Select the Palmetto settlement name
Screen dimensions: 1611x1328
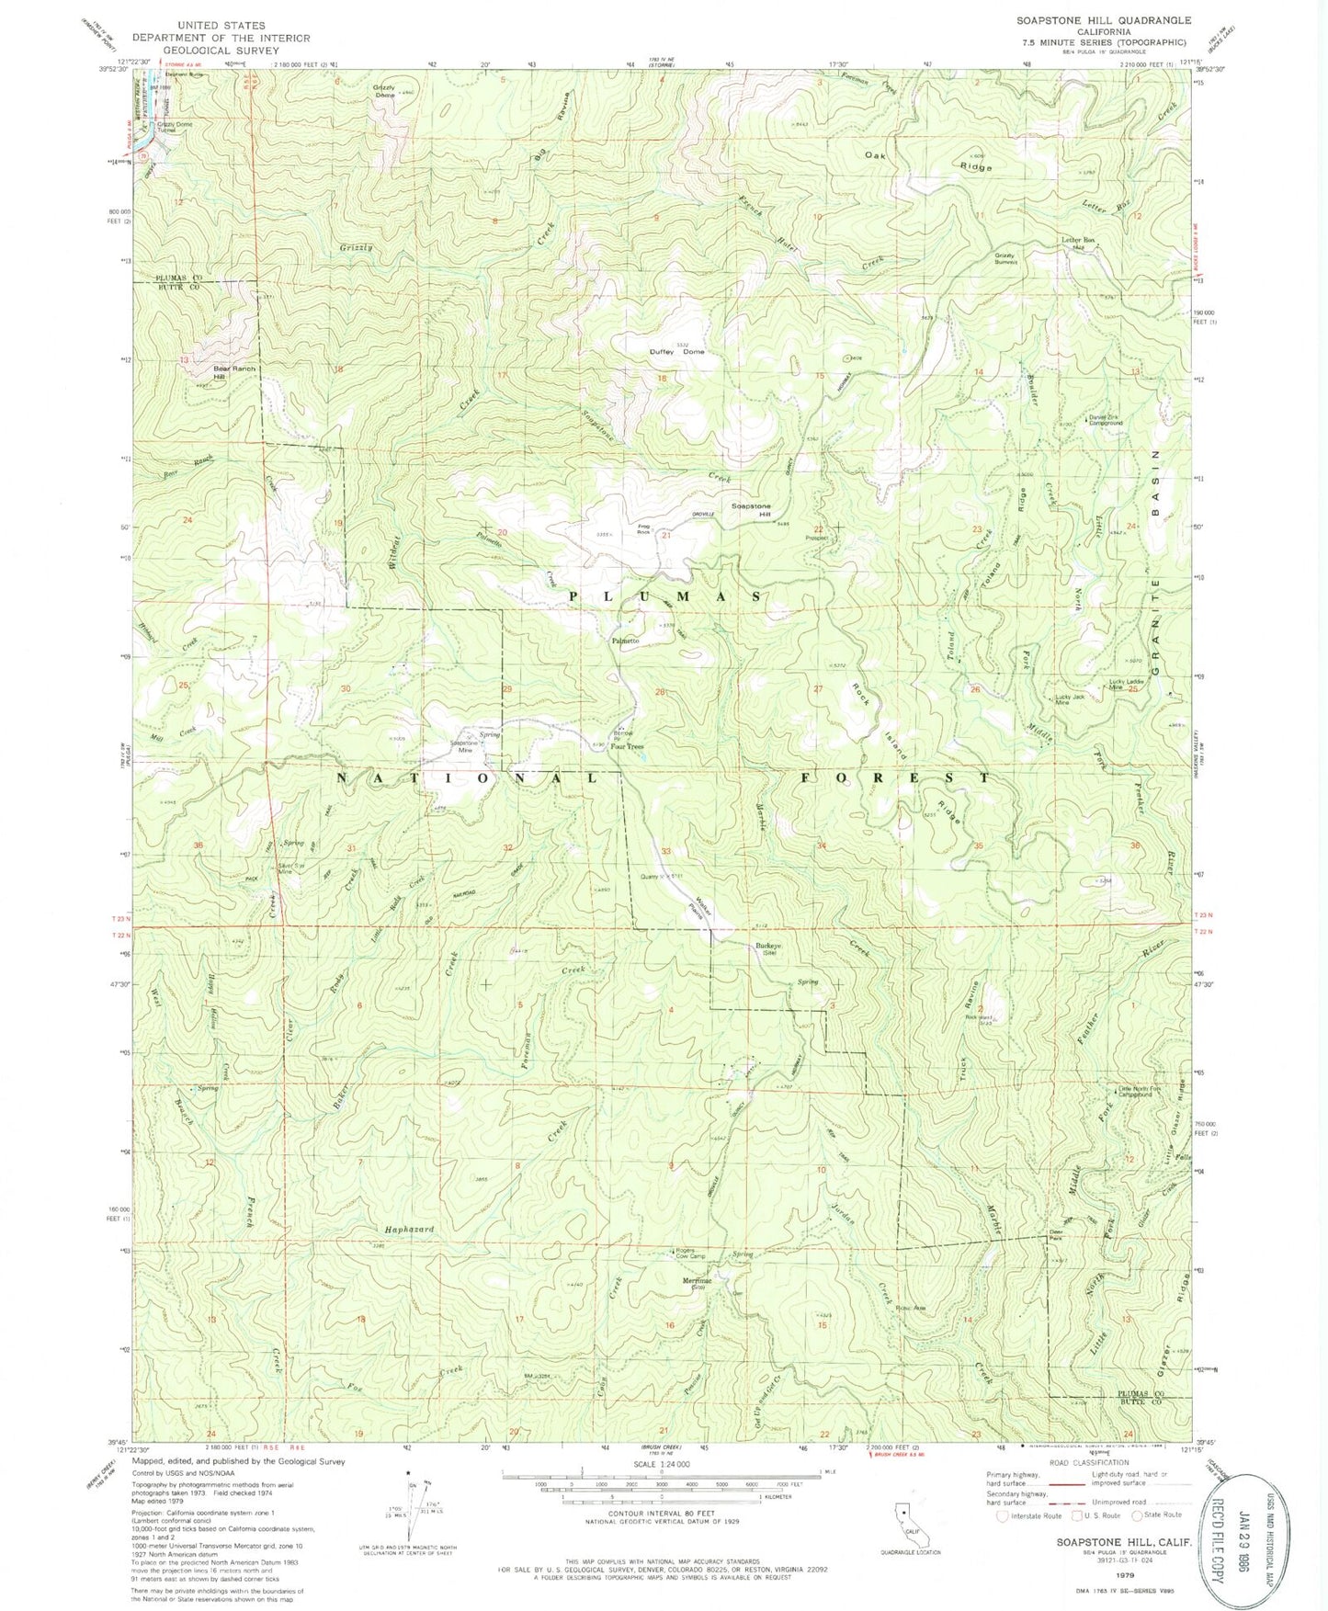tap(625, 641)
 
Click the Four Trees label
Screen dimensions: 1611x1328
tap(627, 746)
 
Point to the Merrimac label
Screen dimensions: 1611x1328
tap(697, 1282)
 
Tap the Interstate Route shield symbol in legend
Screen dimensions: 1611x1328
tap(1003, 1515)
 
